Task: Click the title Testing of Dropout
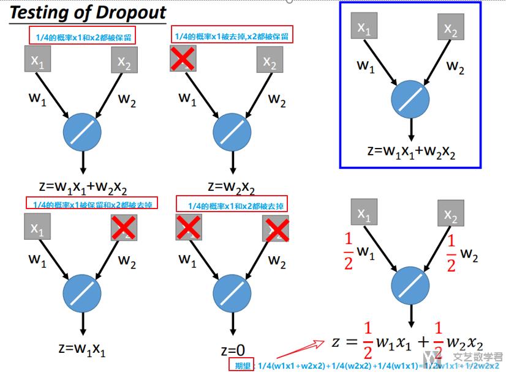pyautogui.click(x=88, y=12)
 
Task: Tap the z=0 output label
pyautogui.click(x=232, y=350)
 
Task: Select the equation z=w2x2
pyautogui.click(x=231, y=186)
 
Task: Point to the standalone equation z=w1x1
pyautogui.click(x=82, y=349)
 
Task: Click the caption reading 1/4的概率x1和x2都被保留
pyautogui.click(x=81, y=37)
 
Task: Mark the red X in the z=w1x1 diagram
pyautogui.click(x=124, y=228)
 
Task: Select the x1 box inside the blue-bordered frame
pyautogui.click(x=364, y=28)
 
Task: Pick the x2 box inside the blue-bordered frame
pyautogui.click(x=450, y=28)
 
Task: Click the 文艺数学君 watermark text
pyautogui.click(x=477, y=357)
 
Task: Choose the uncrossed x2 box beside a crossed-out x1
pyautogui.click(x=270, y=61)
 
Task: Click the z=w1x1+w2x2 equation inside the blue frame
pyautogui.click(x=411, y=151)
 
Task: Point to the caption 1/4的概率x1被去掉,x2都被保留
pyautogui.click(x=232, y=37)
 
